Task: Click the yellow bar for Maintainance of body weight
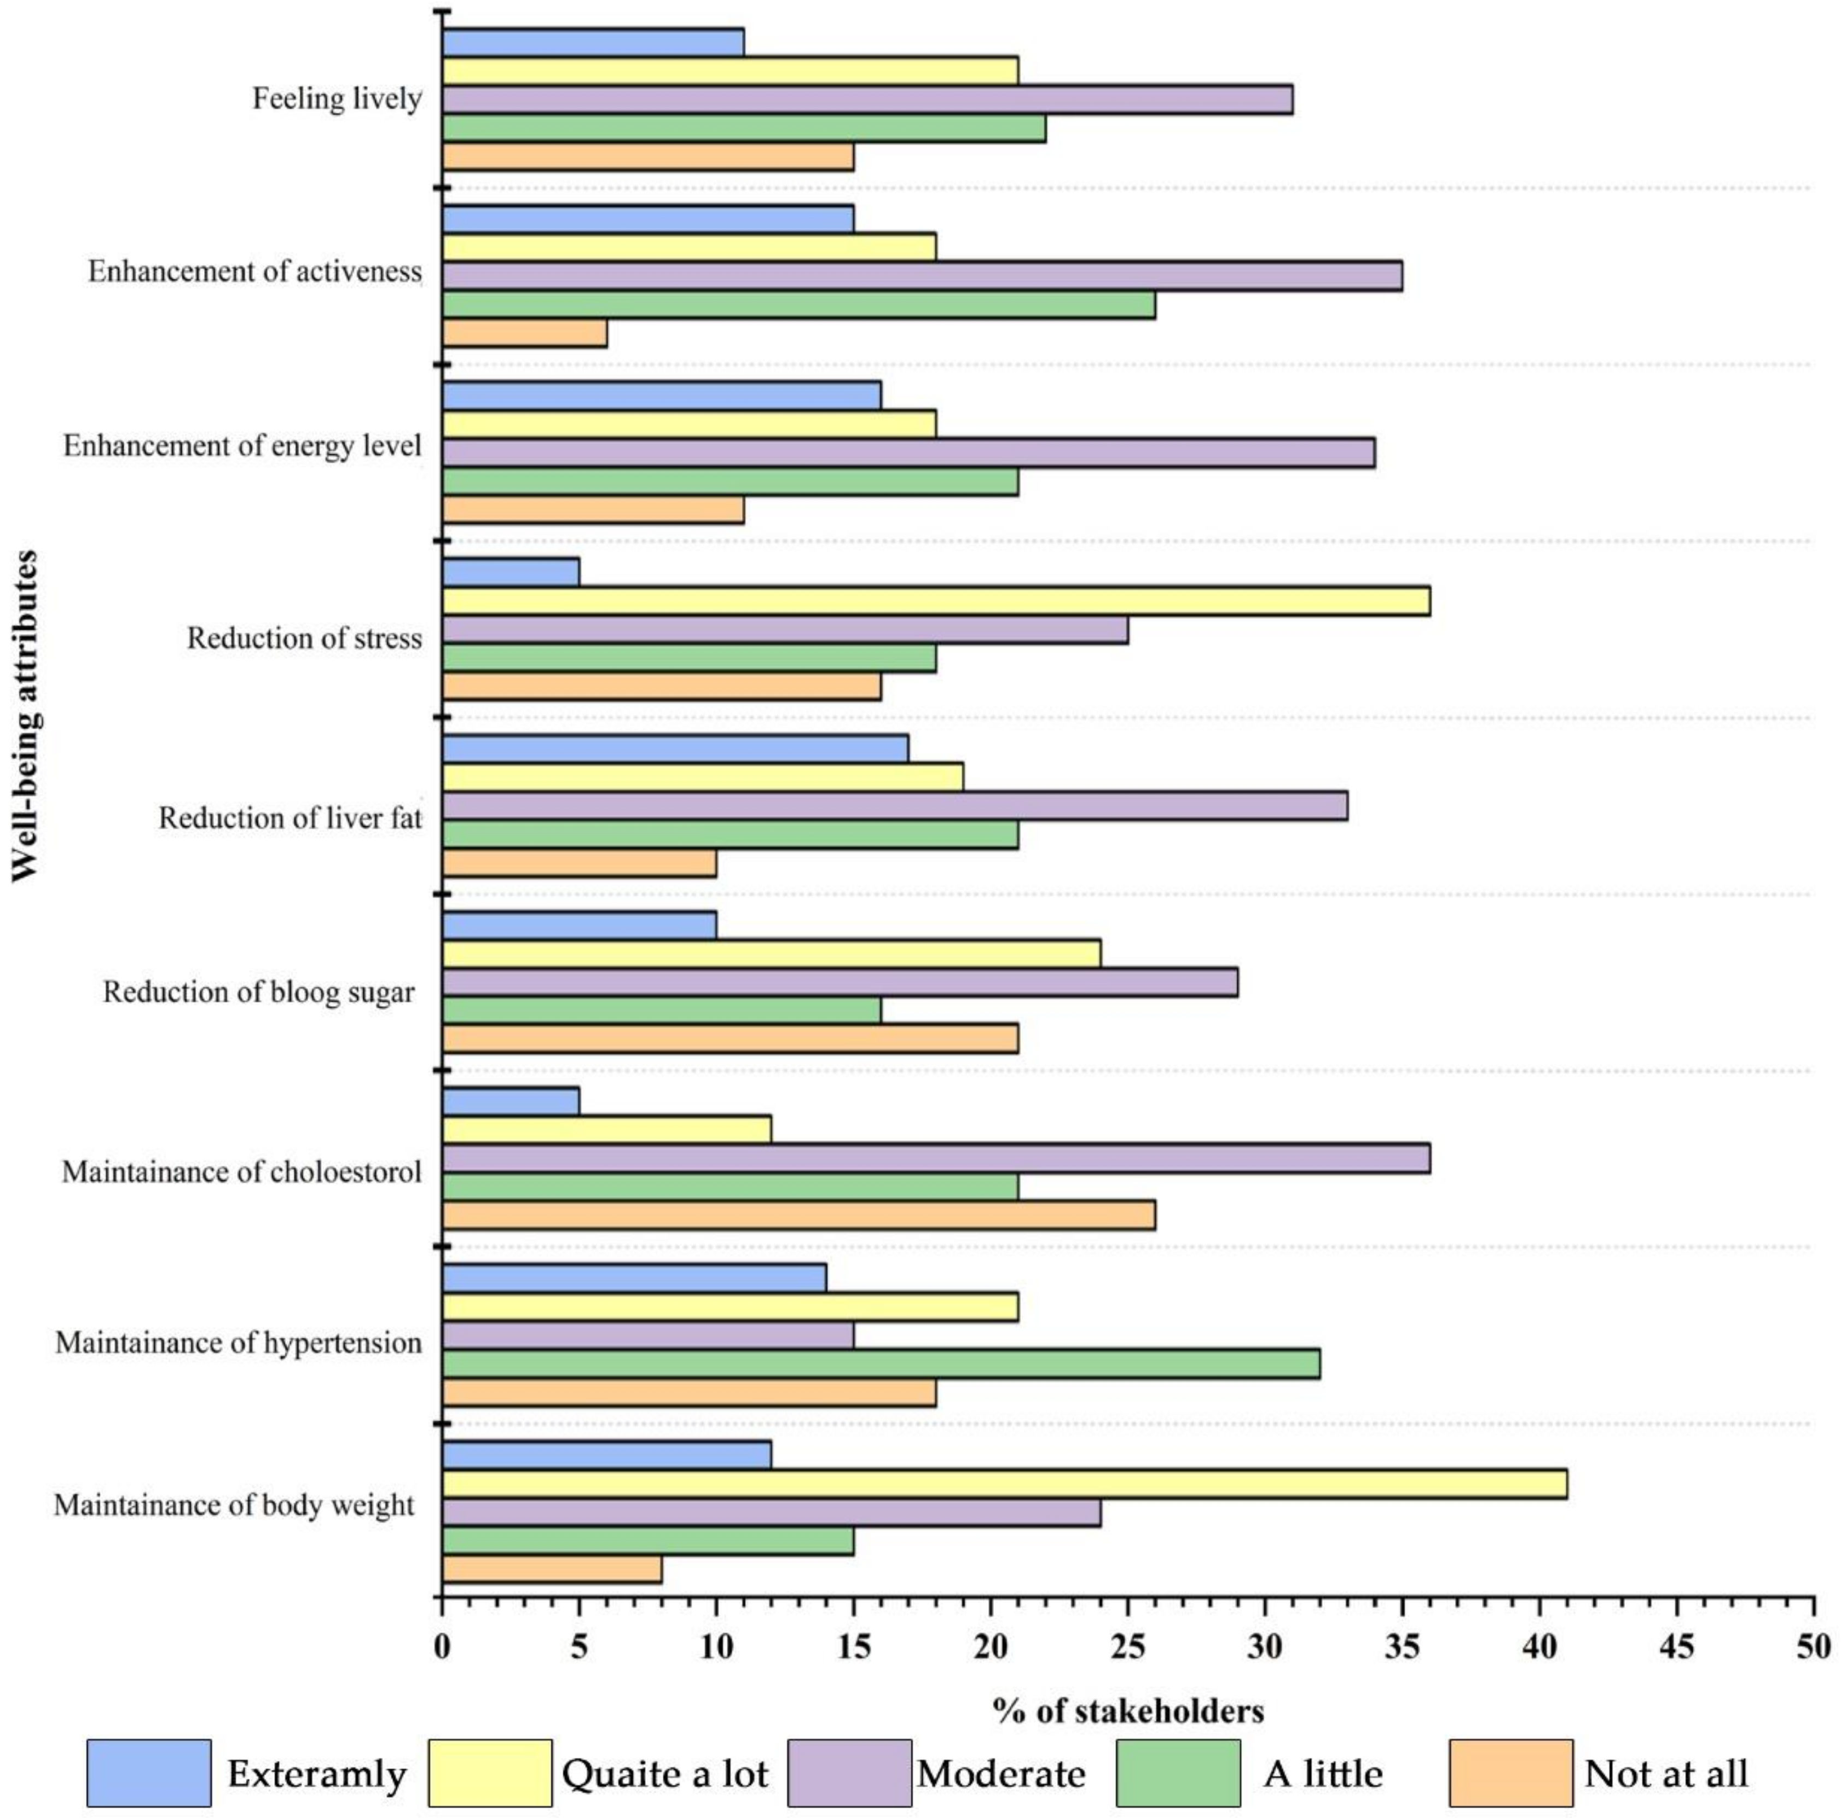pyautogui.click(x=1004, y=1484)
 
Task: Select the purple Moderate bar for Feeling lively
pyautogui.click(x=867, y=99)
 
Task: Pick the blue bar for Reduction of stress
pyautogui.click(x=511, y=572)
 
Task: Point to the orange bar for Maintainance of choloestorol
pyautogui.click(x=798, y=1215)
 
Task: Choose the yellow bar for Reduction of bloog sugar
pyautogui.click(x=772, y=954)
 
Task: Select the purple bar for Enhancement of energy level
pyautogui.click(x=908, y=452)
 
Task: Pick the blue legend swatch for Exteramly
pyautogui.click(x=149, y=1773)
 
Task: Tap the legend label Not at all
pyautogui.click(x=1666, y=1773)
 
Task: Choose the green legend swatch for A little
pyautogui.click(x=1178, y=1773)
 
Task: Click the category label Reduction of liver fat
pyautogui.click(x=290, y=817)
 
